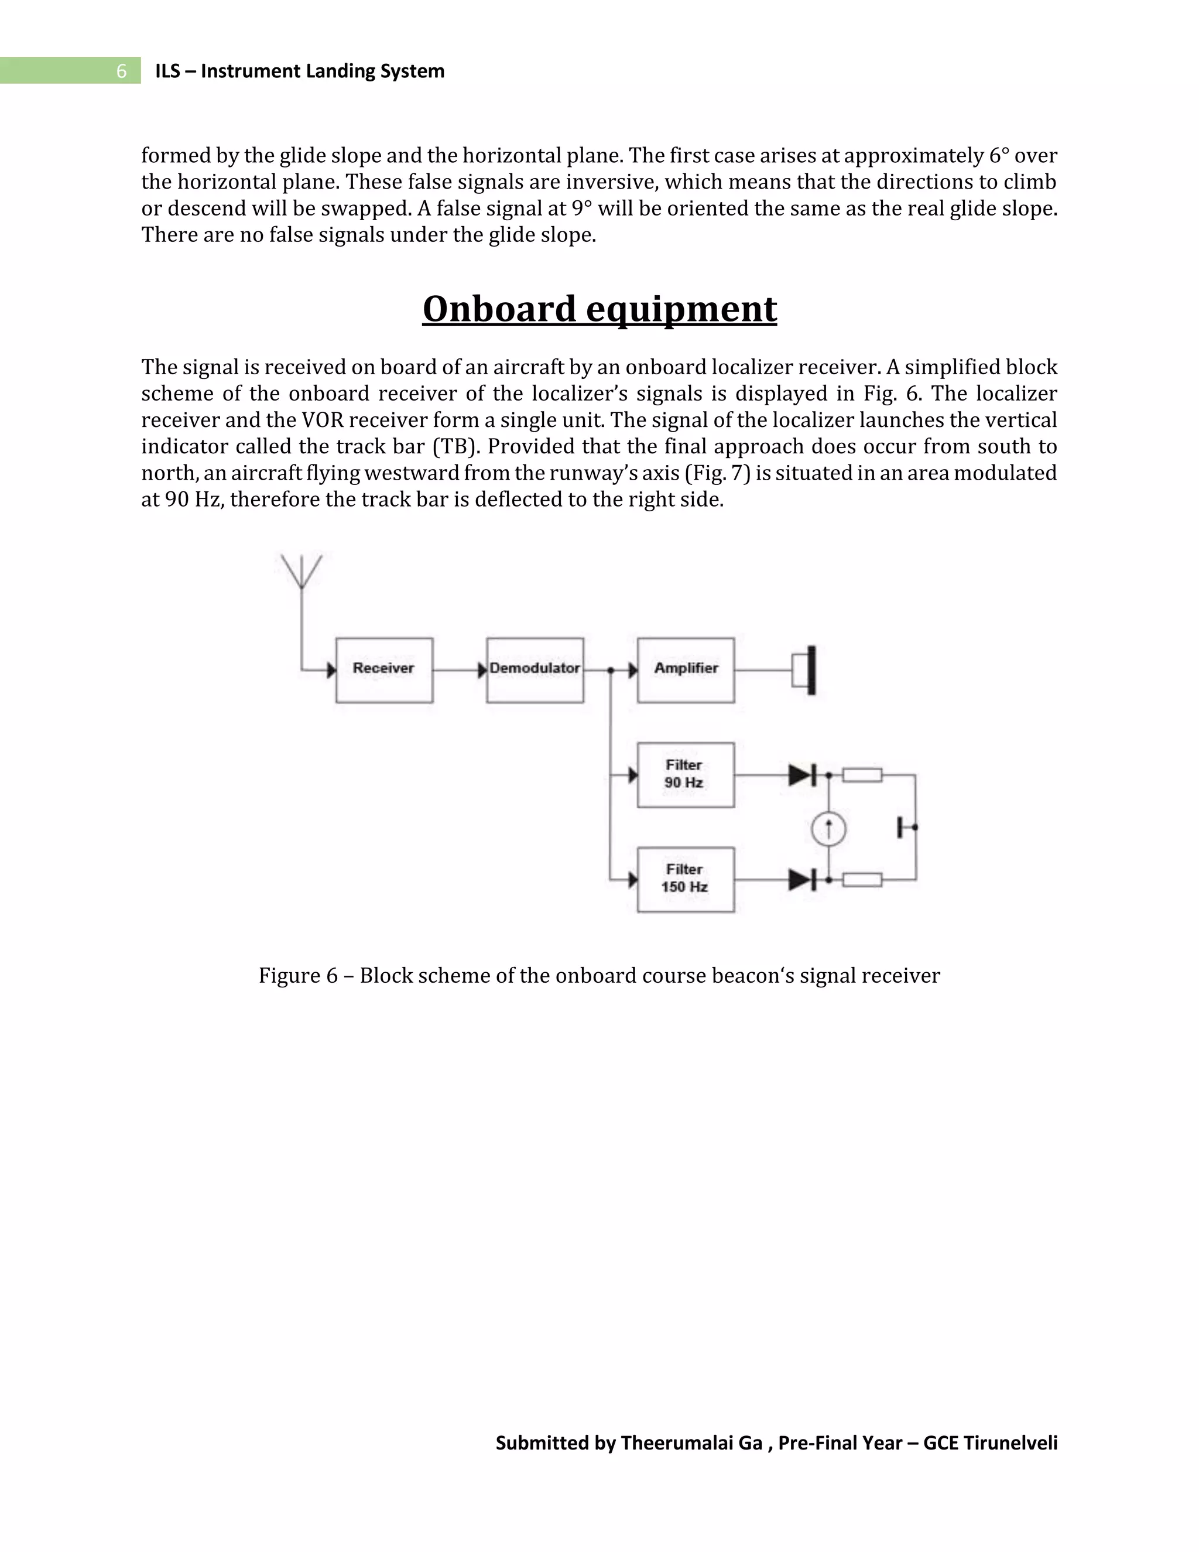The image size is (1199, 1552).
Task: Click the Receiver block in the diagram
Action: (383, 669)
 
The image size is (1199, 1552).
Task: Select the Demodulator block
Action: (535, 669)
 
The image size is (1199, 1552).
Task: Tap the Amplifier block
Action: (686, 669)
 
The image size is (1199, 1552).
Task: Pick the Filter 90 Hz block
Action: (686, 775)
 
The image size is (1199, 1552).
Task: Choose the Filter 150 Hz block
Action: (686, 879)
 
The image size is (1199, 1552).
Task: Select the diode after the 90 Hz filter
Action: (802, 775)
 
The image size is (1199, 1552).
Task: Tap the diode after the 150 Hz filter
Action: (802, 880)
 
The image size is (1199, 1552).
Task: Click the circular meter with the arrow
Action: (828, 828)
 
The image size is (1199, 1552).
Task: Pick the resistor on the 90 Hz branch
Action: (862, 775)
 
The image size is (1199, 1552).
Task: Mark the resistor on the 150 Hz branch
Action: (862, 880)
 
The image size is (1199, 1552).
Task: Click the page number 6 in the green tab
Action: (121, 71)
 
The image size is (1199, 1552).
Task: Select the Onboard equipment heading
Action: (599, 309)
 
